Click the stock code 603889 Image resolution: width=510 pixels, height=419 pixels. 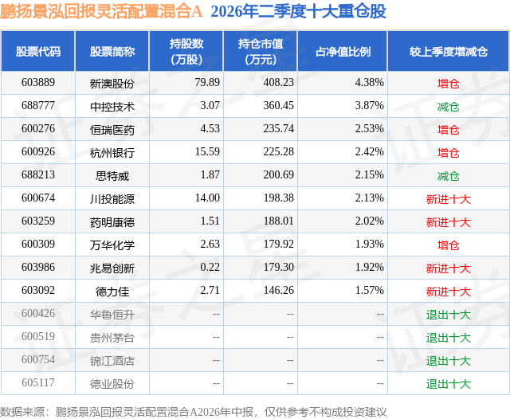point(38,82)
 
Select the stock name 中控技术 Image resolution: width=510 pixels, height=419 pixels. point(112,107)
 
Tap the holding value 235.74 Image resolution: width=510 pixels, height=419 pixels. point(278,128)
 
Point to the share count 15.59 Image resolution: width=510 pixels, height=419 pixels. point(207,151)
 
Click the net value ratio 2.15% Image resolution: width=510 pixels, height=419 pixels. point(369,174)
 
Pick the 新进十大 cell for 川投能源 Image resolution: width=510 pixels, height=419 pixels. point(448,199)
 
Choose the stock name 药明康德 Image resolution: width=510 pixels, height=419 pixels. point(112,222)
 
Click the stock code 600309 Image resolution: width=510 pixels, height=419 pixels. point(38,244)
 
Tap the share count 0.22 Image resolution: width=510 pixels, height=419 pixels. point(210,267)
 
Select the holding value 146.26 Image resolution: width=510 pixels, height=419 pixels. point(278,290)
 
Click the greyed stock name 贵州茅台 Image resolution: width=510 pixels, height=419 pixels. point(112,338)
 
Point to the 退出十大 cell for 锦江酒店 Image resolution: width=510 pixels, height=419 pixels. point(448,361)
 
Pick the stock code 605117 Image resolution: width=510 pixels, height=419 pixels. point(38,382)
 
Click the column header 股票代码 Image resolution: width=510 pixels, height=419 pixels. point(38,51)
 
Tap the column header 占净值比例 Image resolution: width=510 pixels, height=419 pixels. point(343,51)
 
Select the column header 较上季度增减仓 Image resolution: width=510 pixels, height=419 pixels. point(448,51)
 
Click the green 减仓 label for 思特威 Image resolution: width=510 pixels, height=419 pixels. point(448,176)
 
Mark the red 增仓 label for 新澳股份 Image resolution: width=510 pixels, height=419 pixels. point(448,84)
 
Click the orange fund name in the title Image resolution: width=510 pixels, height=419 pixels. point(101,11)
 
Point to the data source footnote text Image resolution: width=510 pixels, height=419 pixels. point(194,412)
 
